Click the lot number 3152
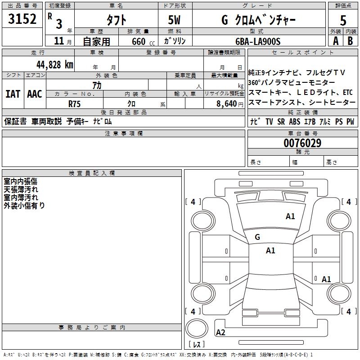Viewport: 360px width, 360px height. point(22,19)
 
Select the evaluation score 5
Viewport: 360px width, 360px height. point(343,20)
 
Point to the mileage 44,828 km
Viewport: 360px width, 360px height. point(55,65)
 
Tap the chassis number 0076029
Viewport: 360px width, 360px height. point(302,144)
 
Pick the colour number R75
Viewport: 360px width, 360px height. point(75,103)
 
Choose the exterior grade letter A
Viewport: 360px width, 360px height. point(335,41)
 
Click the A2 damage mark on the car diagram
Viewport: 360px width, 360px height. point(220,333)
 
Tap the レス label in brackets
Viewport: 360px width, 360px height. point(196,344)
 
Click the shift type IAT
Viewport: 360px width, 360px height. point(13,94)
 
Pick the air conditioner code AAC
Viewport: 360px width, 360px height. point(35,94)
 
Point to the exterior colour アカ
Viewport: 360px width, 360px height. point(97,85)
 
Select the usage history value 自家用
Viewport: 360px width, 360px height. point(96,41)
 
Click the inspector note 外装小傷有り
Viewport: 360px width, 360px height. point(24,205)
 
